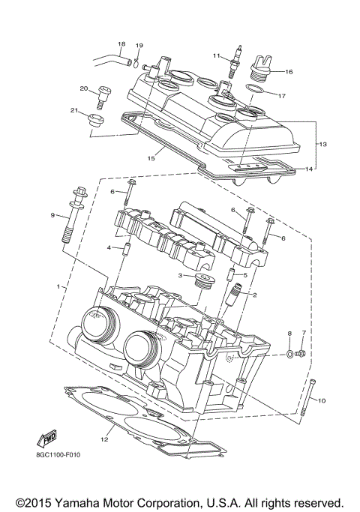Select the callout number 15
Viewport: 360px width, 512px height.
[151, 158]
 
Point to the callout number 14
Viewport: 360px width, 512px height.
[310, 169]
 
